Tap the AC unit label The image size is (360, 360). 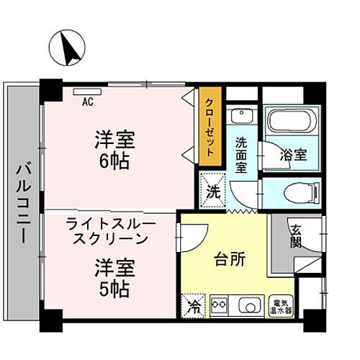click(87, 102)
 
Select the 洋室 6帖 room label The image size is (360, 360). click(114, 149)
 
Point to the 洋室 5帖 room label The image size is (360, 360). click(114, 280)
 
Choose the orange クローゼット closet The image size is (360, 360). click(210, 128)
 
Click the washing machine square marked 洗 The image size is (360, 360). click(212, 192)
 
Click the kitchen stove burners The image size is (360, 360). click(218, 305)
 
